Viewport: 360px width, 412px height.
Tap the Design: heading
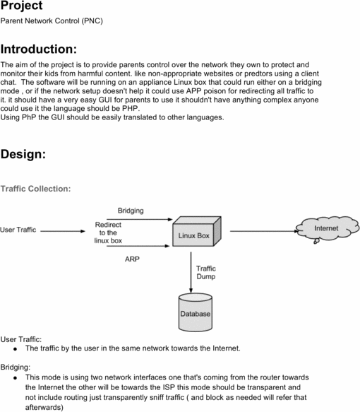coord(23,153)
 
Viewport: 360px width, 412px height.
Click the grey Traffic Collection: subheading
coord(35,189)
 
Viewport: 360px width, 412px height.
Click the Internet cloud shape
coord(325,230)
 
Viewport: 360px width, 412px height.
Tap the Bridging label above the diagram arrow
coord(130,211)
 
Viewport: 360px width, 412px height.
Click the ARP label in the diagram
coord(132,259)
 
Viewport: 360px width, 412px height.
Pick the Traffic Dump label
coord(206,273)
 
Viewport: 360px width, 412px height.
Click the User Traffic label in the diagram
coord(18,230)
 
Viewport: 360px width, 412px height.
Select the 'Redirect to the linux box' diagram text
coord(108,233)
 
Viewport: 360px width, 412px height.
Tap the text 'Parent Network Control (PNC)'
coord(52,21)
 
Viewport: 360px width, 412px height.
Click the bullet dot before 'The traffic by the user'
coord(15,348)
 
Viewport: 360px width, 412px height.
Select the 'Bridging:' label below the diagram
coord(16,367)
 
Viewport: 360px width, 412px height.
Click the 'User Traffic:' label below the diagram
coord(21,339)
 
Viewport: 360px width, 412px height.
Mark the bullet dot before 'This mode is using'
coord(15,377)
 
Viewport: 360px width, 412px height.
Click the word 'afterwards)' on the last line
coord(44,407)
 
